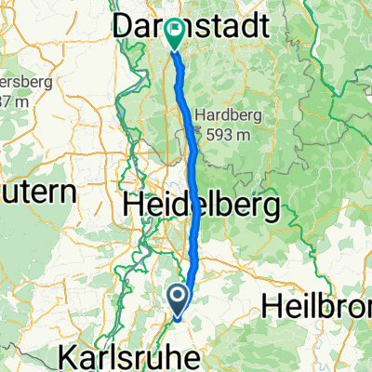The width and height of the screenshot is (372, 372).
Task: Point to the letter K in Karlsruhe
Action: pos(67,355)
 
